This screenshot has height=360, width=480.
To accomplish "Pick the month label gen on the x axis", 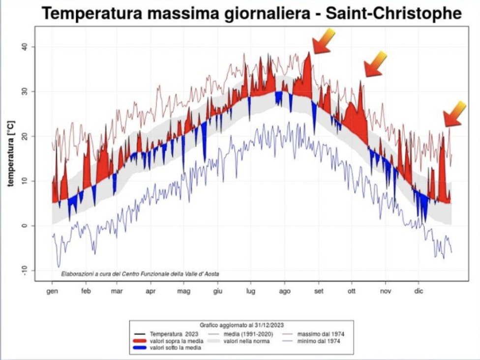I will [52, 291].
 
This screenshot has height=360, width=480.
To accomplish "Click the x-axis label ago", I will [285, 291].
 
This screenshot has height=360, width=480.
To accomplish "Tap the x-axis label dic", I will [419, 291].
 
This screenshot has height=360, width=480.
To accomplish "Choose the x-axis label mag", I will [183, 291].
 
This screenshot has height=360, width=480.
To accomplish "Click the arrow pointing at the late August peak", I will [324, 41].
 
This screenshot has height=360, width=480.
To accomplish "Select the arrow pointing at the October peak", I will [375, 63].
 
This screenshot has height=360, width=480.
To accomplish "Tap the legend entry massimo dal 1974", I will [315, 334].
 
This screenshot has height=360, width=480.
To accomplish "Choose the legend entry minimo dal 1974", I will [315, 341].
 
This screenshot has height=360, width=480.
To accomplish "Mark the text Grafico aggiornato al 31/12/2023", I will [241, 326].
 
